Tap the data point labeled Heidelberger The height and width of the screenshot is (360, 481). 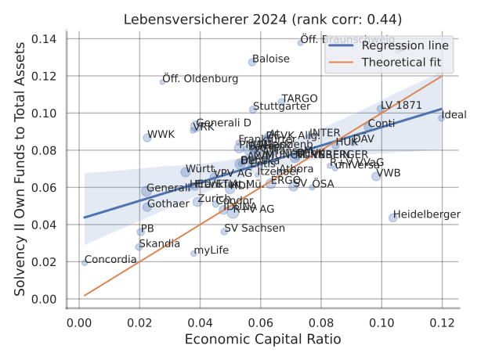pos(392,218)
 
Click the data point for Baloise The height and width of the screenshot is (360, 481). pos(252,62)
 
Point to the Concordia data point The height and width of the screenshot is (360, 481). pos(85,262)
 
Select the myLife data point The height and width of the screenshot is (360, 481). pos(194,253)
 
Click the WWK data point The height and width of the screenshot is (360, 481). pos(147,138)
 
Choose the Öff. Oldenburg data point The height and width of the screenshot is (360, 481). pos(162,81)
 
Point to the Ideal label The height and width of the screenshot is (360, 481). pos(454,115)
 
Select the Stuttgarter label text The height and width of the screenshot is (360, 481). pos(282,106)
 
